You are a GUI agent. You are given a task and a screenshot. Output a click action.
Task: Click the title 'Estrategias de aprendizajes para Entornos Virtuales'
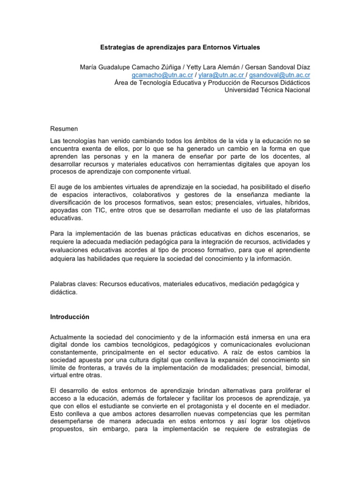coord(180,47)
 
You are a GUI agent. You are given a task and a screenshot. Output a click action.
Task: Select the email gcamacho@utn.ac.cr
coord(157,75)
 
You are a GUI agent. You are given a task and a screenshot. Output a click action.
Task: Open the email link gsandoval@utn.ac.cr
coord(279,75)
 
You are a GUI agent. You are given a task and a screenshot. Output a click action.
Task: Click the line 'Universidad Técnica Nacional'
coord(267,90)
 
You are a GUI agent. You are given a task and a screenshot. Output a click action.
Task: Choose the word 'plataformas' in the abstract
coord(292,211)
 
